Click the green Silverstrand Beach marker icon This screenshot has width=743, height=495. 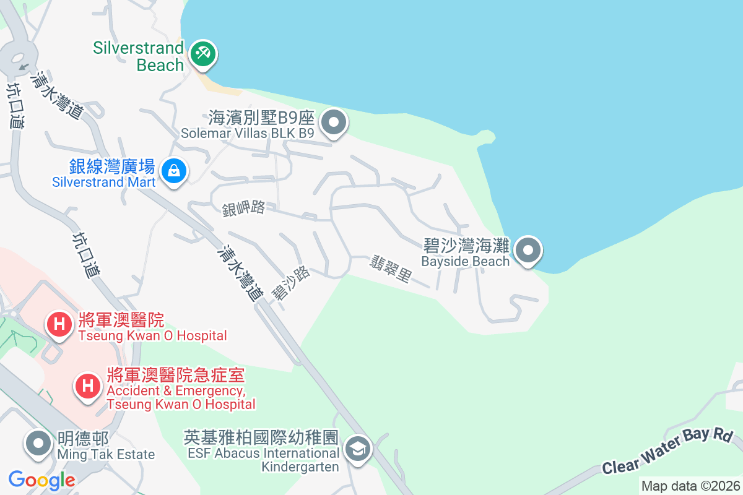click(x=202, y=53)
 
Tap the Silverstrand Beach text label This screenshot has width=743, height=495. click(x=139, y=56)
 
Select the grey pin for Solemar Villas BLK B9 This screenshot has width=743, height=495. click(x=334, y=123)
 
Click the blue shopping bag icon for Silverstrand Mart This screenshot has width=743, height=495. click(x=174, y=170)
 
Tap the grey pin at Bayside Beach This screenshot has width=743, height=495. click(x=528, y=251)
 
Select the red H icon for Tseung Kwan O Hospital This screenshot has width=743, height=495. click(x=59, y=325)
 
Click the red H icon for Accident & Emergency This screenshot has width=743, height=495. click(x=87, y=387)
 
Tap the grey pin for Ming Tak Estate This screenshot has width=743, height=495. click(x=39, y=444)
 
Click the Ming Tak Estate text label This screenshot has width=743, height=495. click(x=106, y=447)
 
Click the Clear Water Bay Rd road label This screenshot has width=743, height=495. click(x=667, y=450)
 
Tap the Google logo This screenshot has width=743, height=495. click(x=41, y=480)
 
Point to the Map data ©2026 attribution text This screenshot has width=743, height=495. click(x=690, y=486)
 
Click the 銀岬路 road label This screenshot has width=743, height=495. click(x=244, y=209)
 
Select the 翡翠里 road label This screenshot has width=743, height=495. click(x=391, y=269)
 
